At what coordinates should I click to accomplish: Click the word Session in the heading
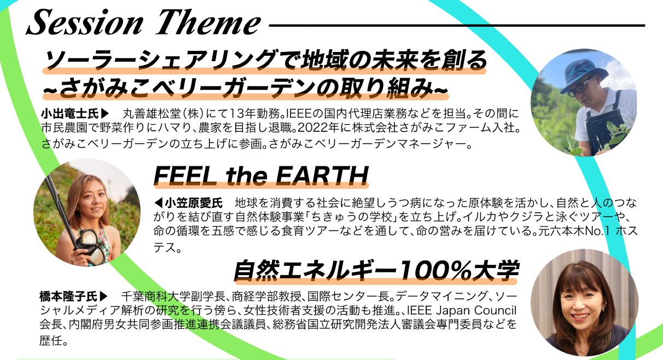(x=85, y=22)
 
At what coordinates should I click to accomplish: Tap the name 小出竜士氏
(x=70, y=113)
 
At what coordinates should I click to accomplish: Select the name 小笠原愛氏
(x=194, y=203)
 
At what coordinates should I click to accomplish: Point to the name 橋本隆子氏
(x=68, y=296)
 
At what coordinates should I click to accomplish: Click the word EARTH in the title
(x=322, y=176)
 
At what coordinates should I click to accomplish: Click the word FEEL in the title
(x=185, y=176)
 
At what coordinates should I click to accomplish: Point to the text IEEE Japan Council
(x=462, y=310)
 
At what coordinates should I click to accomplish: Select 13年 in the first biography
(x=242, y=113)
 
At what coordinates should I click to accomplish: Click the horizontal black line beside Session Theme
(x=457, y=26)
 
